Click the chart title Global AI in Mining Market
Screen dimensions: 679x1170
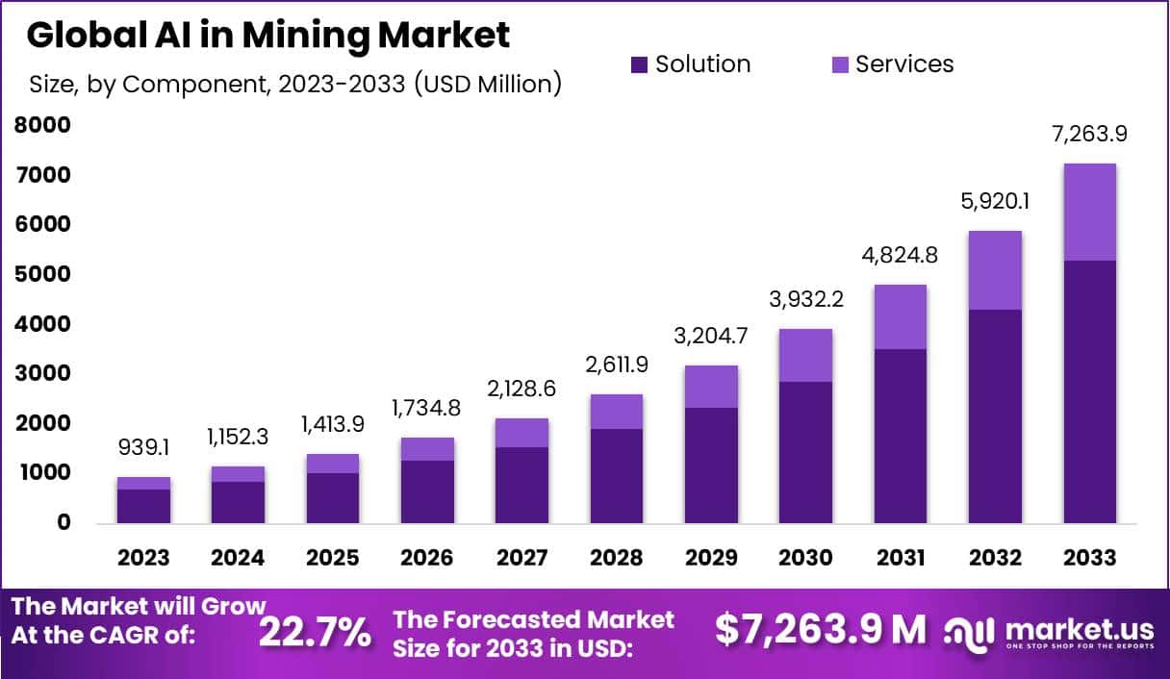(267, 36)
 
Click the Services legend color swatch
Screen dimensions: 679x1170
(839, 65)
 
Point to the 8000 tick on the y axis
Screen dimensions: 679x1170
(42, 125)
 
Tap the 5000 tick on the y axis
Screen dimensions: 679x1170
(42, 274)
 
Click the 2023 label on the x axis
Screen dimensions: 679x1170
(143, 559)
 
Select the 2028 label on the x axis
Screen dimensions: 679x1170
(617, 559)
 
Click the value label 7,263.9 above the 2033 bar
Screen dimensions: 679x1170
(1090, 134)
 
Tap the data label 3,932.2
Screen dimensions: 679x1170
(806, 300)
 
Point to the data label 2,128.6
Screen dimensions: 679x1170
(521, 389)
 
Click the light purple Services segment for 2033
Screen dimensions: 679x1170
(1090, 212)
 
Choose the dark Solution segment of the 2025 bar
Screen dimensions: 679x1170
(333, 497)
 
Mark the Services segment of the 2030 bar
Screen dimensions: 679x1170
(806, 355)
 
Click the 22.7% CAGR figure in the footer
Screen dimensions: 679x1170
(315, 633)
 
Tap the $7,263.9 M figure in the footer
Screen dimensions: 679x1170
(821, 629)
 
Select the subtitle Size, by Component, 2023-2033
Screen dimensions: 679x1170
(294, 85)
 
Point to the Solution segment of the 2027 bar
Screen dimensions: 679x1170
(521, 485)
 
